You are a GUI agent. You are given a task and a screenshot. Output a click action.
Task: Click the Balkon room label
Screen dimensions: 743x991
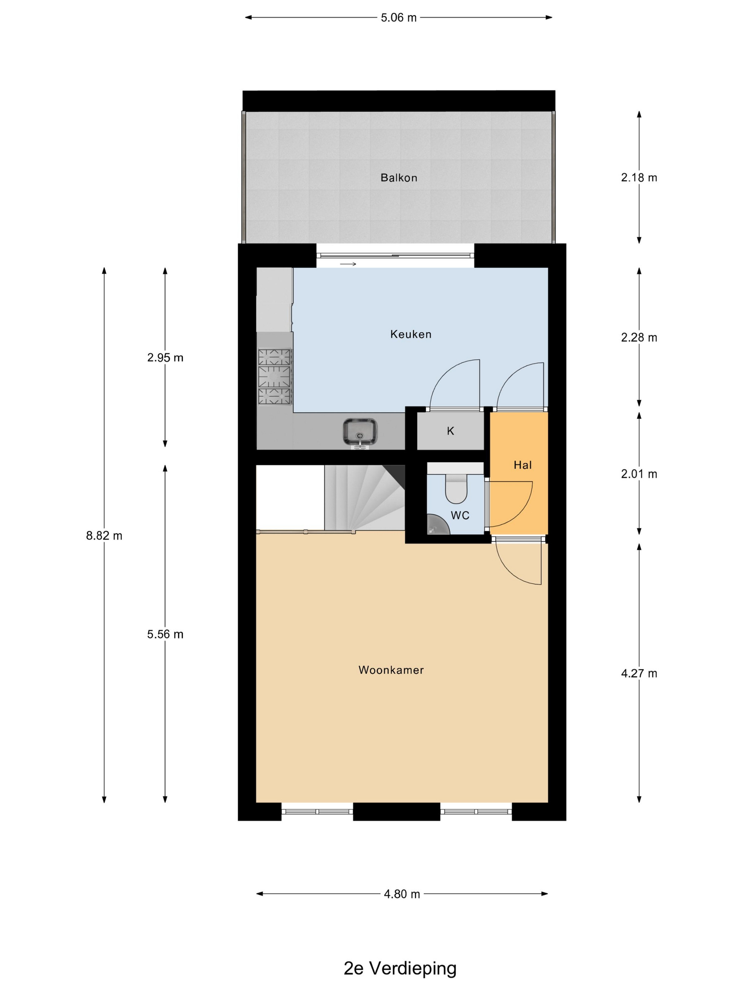tap(399, 178)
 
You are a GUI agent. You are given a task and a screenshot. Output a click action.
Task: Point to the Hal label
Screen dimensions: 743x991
tap(523, 465)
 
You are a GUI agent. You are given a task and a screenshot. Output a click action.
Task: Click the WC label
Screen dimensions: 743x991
tap(460, 516)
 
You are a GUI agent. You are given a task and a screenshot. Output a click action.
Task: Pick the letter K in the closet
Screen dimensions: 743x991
tap(450, 431)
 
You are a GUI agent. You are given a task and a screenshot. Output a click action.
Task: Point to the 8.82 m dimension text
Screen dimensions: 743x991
tap(104, 536)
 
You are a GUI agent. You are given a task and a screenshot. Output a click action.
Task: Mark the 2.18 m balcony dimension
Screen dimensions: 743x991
tap(639, 178)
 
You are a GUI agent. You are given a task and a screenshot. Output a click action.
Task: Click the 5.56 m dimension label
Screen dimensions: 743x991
tap(165, 634)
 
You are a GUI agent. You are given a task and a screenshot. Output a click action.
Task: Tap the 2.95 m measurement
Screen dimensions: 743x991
tap(165, 358)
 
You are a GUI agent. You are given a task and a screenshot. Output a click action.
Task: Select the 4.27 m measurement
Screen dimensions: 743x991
tap(639, 674)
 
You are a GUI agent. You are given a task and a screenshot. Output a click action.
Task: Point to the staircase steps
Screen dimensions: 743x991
tap(364, 498)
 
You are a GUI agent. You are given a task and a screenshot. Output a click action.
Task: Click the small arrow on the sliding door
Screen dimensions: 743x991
tap(348, 264)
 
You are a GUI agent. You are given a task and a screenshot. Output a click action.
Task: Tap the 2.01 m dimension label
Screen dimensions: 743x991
tap(639, 474)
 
